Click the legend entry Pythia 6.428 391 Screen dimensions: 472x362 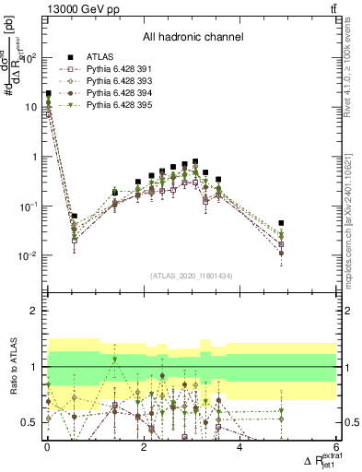114,81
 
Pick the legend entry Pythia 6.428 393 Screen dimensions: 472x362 114,94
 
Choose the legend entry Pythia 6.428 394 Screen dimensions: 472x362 114,106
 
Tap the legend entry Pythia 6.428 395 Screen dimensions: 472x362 114,119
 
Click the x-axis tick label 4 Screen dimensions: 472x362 239,447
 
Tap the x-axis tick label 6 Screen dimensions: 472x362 336,447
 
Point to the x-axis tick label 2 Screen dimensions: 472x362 143,447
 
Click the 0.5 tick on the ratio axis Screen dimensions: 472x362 29,422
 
